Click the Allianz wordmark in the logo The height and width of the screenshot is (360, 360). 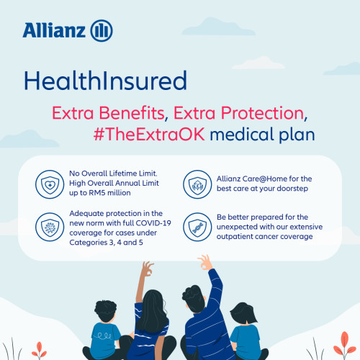tap(54, 30)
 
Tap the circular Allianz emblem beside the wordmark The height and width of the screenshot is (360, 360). tap(102, 30)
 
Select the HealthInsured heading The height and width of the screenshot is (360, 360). tap(104, 79)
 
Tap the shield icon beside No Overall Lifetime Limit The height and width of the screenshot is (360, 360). tap(48, 184)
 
